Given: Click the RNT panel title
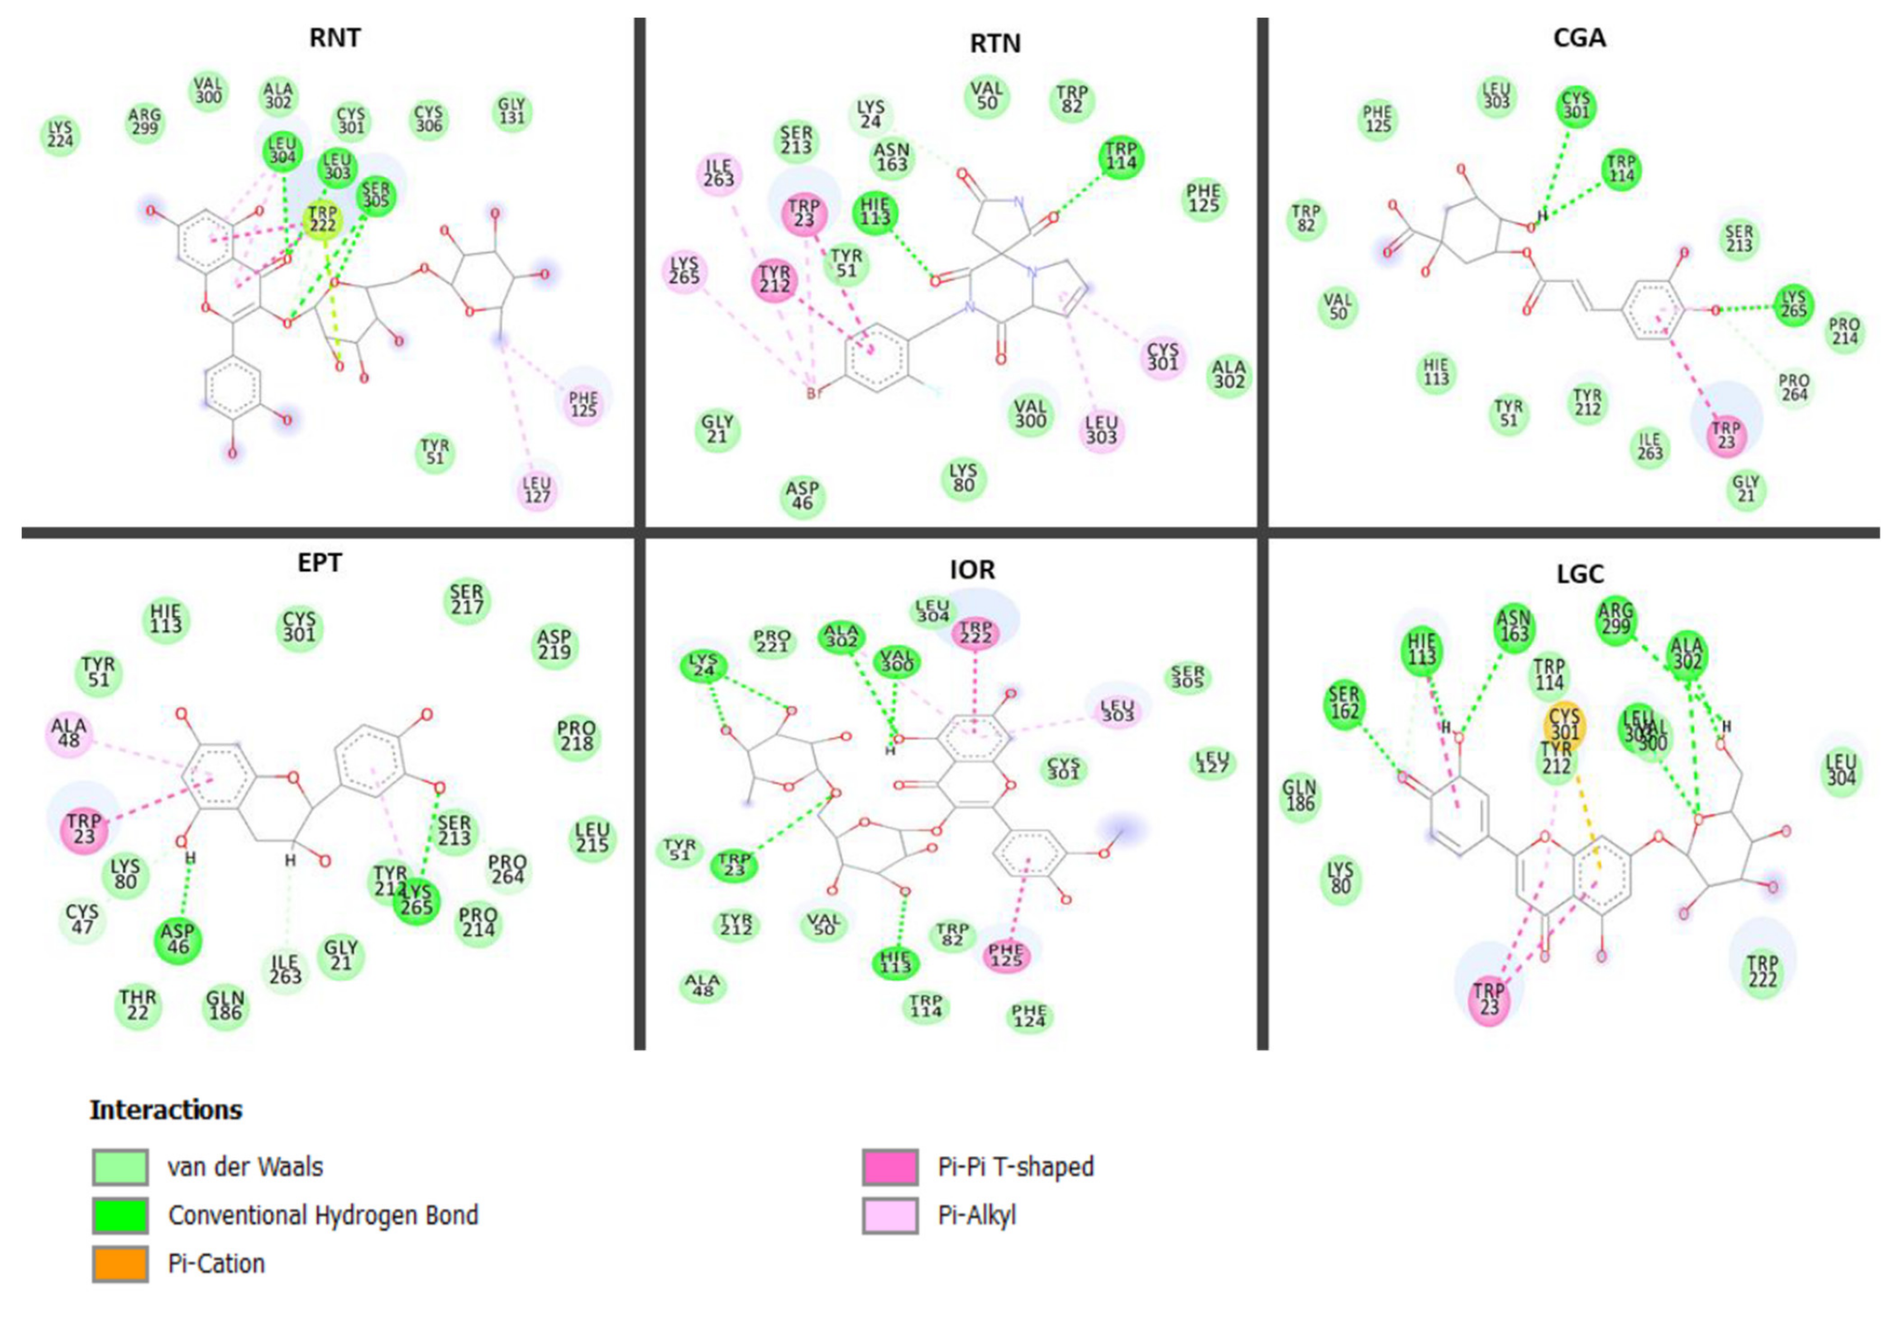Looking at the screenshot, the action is click(334, 38).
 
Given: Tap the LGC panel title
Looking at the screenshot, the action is click(1580, 574).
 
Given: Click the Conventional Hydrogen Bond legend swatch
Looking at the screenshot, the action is click(121, 1215).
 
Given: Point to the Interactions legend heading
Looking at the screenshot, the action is click(166, 1110).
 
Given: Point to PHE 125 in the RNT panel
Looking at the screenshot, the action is click(584, 405).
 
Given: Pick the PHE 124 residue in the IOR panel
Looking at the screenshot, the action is click(1029, 1015).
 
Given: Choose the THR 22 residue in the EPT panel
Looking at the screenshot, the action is click(137, 1004).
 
